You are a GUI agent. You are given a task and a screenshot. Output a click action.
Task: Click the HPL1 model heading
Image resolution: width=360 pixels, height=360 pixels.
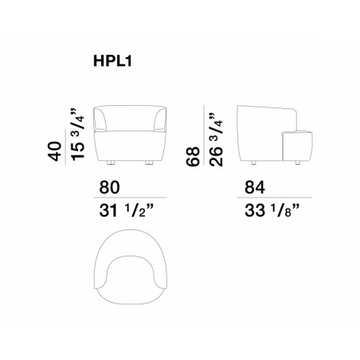[112, 61]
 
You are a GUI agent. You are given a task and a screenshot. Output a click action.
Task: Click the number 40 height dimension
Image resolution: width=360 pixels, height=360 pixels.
[55, 151]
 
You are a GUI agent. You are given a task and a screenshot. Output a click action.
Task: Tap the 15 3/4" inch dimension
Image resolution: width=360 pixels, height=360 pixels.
[77, 135]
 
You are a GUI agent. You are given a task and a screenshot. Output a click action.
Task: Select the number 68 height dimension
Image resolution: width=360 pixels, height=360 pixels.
[193, 157]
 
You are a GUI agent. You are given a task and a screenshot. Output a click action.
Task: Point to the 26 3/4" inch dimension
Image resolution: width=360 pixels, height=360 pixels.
[216, 139]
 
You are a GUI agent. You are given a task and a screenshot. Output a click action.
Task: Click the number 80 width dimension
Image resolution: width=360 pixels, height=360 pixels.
[109, 187]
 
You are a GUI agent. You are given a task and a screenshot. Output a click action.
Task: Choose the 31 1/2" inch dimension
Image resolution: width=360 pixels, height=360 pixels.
[127, 211]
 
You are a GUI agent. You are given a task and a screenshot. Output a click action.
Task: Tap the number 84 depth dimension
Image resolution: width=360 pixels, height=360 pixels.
[255, 187]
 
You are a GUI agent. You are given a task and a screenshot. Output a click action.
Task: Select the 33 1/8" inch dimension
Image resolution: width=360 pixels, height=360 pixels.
[272, 211]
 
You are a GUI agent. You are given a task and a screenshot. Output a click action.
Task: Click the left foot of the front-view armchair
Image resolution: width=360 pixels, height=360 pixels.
[111, 162]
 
